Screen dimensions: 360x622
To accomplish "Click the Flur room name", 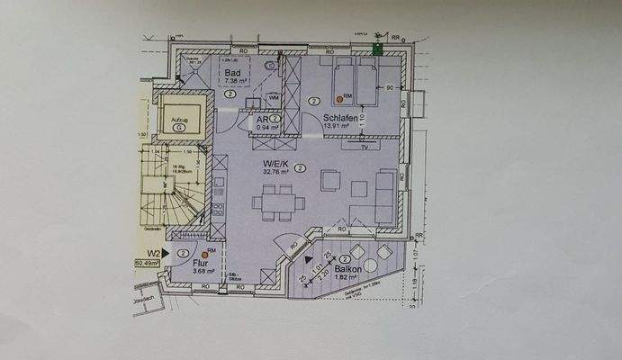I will tap(200, 263).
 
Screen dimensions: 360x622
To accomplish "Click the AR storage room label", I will tap(263, 119).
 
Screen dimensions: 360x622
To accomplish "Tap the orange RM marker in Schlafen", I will tap(339, 98).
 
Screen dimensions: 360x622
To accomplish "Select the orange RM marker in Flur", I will tap(205, 256).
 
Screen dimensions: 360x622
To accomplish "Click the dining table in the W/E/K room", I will tap(273, 202).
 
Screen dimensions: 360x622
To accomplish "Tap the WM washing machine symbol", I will tap(274, 97).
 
